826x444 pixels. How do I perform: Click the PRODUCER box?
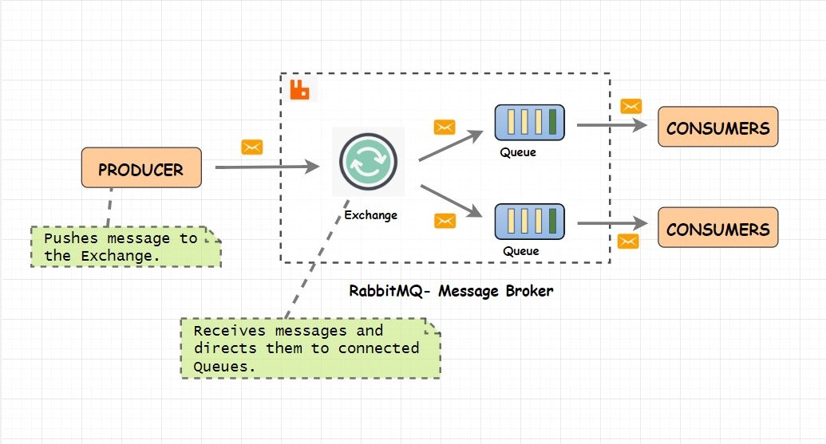[141, 167]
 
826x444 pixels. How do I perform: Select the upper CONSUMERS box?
[717, 128]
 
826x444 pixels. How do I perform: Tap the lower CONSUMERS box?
[717, 229]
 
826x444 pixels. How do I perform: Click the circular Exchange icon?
[368, 160]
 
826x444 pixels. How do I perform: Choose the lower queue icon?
[531, 221]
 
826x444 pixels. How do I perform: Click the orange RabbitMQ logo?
[300, 89]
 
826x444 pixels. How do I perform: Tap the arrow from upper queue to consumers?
[611, 125]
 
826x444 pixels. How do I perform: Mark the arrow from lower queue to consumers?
[611, 222]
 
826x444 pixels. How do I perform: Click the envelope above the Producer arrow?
[252, 147]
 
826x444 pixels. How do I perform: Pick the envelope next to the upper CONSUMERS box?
[631, 106]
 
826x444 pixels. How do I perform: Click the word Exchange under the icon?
[370, 215]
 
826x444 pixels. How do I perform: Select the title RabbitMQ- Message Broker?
[451, 291]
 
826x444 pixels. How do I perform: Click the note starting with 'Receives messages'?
[309, 348]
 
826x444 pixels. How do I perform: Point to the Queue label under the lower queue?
[520, 250]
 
